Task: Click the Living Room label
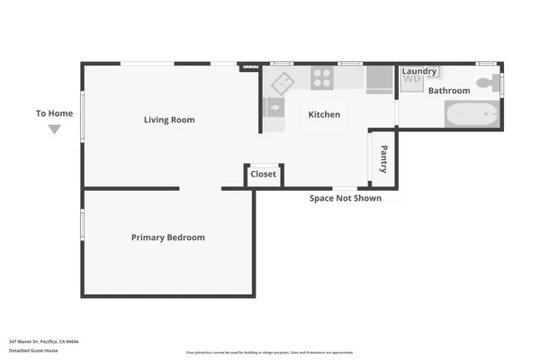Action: (169, 120)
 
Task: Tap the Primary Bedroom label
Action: (168, 238)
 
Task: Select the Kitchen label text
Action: (324, 114)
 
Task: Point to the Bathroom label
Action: (448, 91)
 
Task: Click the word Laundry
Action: (419, 71)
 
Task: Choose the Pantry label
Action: (384, 159)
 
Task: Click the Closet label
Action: (264, 175)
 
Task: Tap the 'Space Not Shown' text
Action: (346, 198)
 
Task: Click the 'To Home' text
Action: (54, 113)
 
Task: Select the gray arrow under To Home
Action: (54, 130)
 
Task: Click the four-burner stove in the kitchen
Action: (322, 78)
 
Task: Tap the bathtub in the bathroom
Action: (471, 115)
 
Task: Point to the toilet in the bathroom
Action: (486, 85)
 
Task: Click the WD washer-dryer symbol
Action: (411, 79)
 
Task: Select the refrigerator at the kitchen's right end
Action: (380, 78)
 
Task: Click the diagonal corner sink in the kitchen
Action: (283, 83)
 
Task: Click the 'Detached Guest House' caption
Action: (33, 351)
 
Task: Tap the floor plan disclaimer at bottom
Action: (270, 353)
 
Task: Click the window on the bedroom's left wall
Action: (82, 225)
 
